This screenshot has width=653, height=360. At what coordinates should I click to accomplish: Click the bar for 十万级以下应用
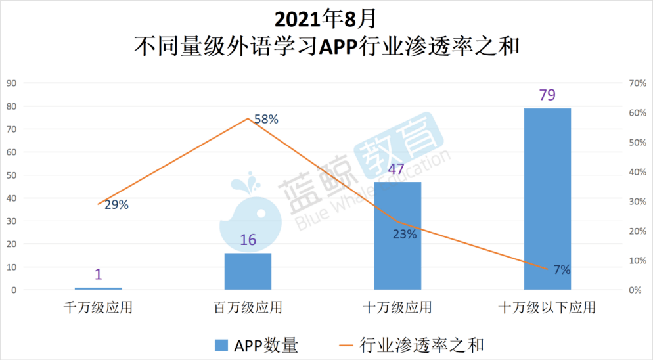(x=547, y=198)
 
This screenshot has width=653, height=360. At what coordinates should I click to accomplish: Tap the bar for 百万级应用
(x=248, y=271)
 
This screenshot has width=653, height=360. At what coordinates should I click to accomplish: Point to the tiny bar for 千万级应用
(x=98, y=288)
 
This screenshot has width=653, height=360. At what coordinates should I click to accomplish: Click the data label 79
(x=547, y=95)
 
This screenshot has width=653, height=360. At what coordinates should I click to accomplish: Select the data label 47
(x=396, y=169)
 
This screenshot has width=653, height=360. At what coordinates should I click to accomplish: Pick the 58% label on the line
(x=266, y=119)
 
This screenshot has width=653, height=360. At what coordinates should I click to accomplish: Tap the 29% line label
(x=116, y=204)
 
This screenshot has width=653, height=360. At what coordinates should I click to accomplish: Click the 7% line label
(x=561, y=269)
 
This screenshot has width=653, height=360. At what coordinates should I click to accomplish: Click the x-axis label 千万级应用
(x=98, y=307)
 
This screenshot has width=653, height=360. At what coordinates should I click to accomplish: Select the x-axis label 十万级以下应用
(x=547, y=307)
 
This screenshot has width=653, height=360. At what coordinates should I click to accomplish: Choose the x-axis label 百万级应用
(x=248, y=307)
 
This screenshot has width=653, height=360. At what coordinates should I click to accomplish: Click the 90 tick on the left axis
(x=11, y=83)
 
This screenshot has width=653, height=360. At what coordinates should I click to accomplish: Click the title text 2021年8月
(x=326, y=18)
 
